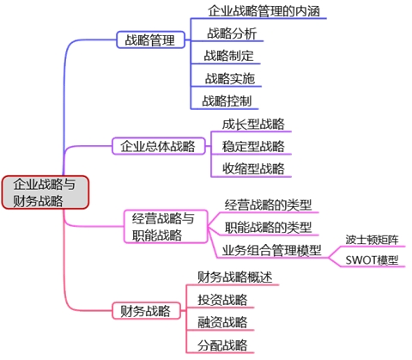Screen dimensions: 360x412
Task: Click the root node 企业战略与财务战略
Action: coord(45,192)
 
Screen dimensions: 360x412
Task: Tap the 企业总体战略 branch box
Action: coord(157,145)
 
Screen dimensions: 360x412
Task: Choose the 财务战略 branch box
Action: coord(145,310)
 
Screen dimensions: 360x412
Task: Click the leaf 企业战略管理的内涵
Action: coord(269,11)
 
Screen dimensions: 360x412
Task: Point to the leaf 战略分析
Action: coord(230,34)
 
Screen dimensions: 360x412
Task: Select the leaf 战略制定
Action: coord(228,56)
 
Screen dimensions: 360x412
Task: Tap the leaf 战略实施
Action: coord(229,78)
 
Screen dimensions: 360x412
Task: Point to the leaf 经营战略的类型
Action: coord(268,204)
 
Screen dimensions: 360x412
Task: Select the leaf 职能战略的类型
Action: coord(268,227)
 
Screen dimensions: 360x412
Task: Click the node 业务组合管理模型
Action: coord(270,250)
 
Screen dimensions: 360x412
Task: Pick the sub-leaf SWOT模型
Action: coord(372,259)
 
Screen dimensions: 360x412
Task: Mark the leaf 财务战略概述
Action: coord(234,277)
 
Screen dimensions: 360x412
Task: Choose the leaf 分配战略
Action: coord(221,345)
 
